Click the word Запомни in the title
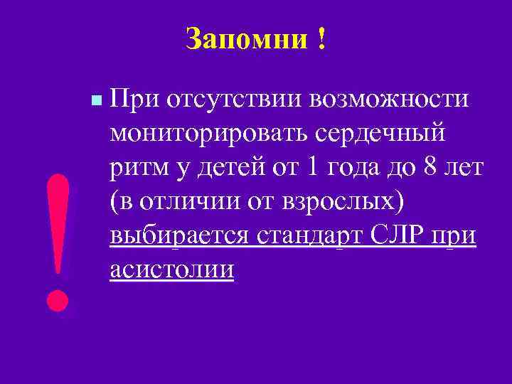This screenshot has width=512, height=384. point(242,38)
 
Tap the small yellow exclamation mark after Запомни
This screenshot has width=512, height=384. point(322,38)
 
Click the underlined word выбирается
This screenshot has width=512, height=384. point(178,235)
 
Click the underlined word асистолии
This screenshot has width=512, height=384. point(172,270)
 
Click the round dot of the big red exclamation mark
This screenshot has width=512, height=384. point(58,299)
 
